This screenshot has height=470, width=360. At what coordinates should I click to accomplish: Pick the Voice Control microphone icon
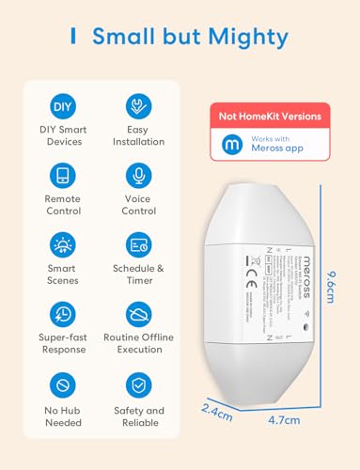click(138, 176)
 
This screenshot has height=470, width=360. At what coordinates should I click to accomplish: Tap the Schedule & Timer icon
click(138, 245)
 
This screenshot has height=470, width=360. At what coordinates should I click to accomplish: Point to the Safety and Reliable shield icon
click(138, 386)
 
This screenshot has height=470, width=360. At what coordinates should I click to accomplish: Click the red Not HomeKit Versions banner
click(270, 117)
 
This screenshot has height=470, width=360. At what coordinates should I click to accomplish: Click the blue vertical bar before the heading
click(72, 36)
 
